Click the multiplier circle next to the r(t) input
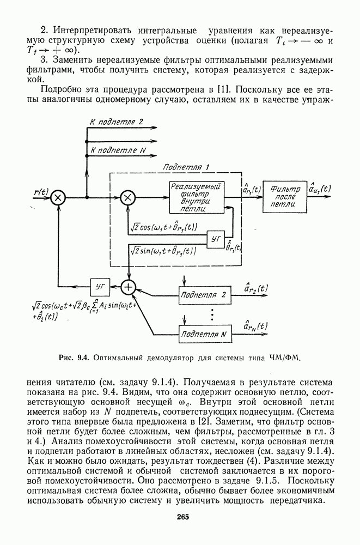pyautogui.click(x=58, y=198)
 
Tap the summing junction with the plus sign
pyautogui.click(x=129, y=286)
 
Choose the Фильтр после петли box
pyautogui.click(x=282, y=197)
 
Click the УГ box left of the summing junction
pyautogui.click(x=100, y=285)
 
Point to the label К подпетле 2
pyautogui.click(x=117, y=122)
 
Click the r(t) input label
pyautogui.click(x=41, y=192)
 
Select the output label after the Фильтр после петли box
pyautogui.click(x=319, y=189)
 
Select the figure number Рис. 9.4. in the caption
pyautogui.click(x=75, y=358)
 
